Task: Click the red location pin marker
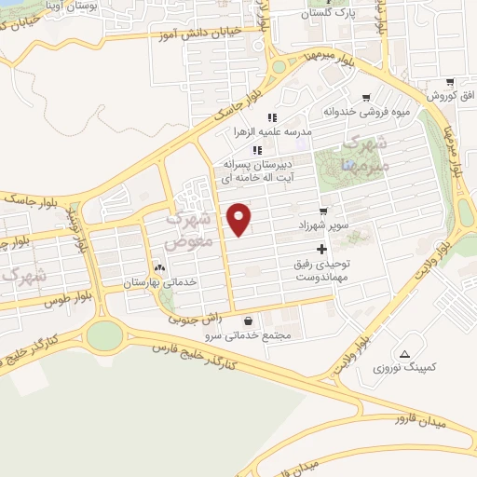point(239,217)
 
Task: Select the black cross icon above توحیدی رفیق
point(322,249)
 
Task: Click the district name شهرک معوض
point(189,228)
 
